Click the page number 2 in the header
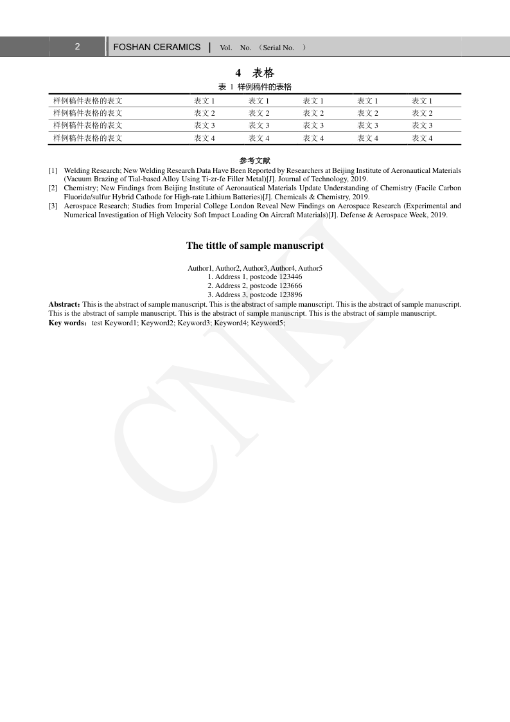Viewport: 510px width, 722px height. [77, 47]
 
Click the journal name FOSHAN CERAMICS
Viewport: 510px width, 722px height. [157, 47]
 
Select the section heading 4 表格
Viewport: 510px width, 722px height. [255, 73]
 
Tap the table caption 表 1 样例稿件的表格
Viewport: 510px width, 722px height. [255, 87]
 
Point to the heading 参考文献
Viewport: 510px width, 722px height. [255, 160]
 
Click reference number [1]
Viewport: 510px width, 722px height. [53, 171]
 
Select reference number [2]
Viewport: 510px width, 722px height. [53, 188]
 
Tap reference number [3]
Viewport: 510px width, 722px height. [53, 206]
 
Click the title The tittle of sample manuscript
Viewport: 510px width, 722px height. [255, 246]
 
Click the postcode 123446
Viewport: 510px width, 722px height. [291, 277]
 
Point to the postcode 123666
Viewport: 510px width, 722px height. [291, 286]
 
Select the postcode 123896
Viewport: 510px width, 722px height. [291, 295]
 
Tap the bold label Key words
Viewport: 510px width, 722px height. [66, 323]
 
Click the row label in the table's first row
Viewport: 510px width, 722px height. [88, 101]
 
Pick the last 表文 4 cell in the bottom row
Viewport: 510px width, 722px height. [422, 138]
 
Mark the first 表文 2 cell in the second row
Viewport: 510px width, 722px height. [204, 113]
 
